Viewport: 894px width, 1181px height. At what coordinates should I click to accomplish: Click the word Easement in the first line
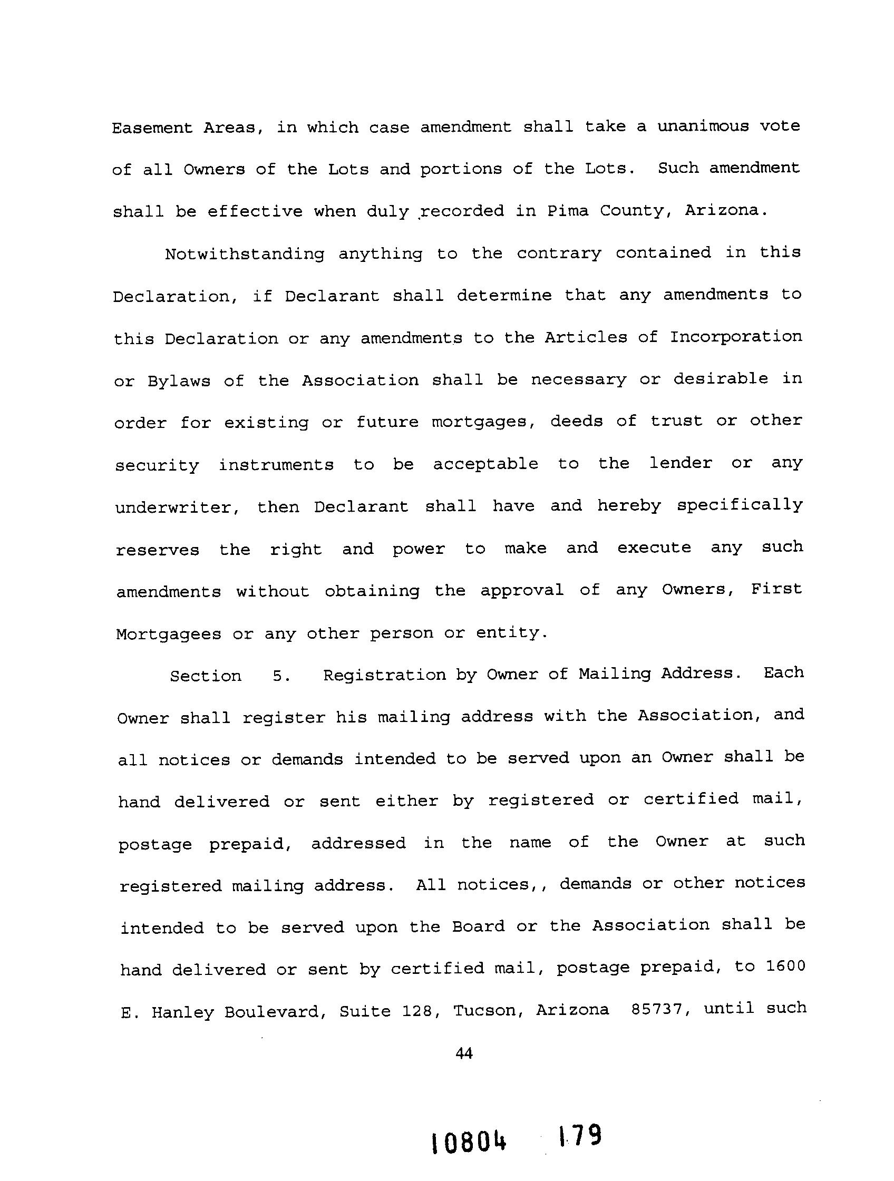(x=152, y=129)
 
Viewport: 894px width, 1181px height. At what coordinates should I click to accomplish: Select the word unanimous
(x=703, y=126)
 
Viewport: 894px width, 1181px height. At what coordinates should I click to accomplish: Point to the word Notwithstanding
(x=244, y=254)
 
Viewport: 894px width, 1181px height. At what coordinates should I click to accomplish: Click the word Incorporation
(x=735, y=337)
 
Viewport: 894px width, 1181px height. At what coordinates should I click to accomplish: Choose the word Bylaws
(x=179, y=381)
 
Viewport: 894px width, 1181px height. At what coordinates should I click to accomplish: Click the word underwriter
(x=177, y=507)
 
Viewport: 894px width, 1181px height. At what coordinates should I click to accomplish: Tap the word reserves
(x=158, y=550)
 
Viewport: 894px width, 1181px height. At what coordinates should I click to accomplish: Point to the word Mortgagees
(x=169, y=635)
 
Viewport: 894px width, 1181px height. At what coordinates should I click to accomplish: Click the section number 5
(x=281, y=677)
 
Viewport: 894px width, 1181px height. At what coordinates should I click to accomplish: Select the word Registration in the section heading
(x=384, y=676)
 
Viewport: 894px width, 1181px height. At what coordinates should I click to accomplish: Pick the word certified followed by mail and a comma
(x=691, y=799)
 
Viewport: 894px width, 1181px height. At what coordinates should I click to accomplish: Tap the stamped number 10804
(x=469, y=1144)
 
